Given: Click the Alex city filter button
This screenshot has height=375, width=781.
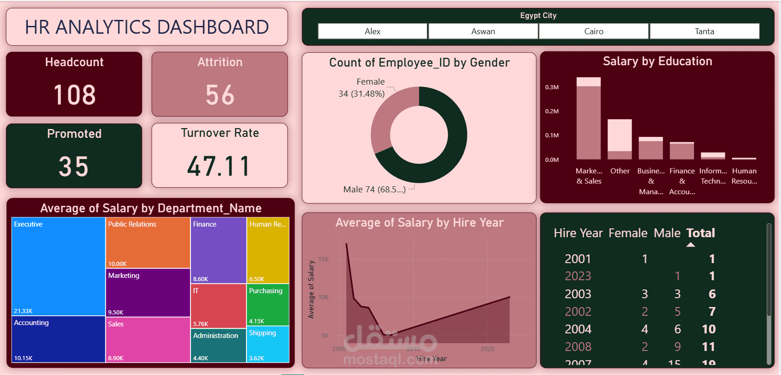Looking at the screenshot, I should pyautogui.click(x=372, y=31).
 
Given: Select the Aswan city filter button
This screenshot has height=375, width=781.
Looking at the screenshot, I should pyautogui.click(x=483, y=31).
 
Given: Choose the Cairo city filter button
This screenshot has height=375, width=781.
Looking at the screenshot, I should pyautogui.click(x=594, y=31).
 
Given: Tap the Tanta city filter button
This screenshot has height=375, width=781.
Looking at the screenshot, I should pyautogui.click(x=704, y=31).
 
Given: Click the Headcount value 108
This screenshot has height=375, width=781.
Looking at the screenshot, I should pyautogui.click(x=74, y=95).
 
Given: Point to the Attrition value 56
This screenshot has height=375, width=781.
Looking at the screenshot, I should pyautogui.click(x=220, y=95).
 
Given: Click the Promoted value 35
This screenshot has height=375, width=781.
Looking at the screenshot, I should pyautogui.click(x=74, y=166).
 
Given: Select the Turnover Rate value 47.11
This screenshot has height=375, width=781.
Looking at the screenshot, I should pyautogui.click(x=219, y=166).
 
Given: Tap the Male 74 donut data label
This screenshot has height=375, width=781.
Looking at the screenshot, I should pyautogui.click(x=374, y=190).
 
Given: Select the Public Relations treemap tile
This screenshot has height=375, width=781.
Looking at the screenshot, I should pyautogui.click(x=148, y=243).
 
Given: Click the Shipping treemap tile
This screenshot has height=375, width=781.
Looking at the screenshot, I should pyautogui.click(x=268, y=344).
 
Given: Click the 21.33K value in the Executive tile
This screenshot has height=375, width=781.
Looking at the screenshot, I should pyautogui.click(x=23, y=311).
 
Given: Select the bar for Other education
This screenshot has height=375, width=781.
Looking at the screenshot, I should pyautogui.click(x=620, y=139).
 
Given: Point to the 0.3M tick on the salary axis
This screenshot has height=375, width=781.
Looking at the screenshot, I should pyautogui.click(x=552, y=87).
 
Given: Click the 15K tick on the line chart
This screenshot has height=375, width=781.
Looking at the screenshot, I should pyautogui.click(x=323, y=259).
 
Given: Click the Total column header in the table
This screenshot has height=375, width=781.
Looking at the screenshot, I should pyautogui.click(x=701, y=233).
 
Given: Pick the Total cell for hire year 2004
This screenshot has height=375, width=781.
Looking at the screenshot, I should pyautogui.click(x=709, y=329).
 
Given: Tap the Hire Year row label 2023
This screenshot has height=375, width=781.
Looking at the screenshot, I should pyautogui.click(x=578, y=276).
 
